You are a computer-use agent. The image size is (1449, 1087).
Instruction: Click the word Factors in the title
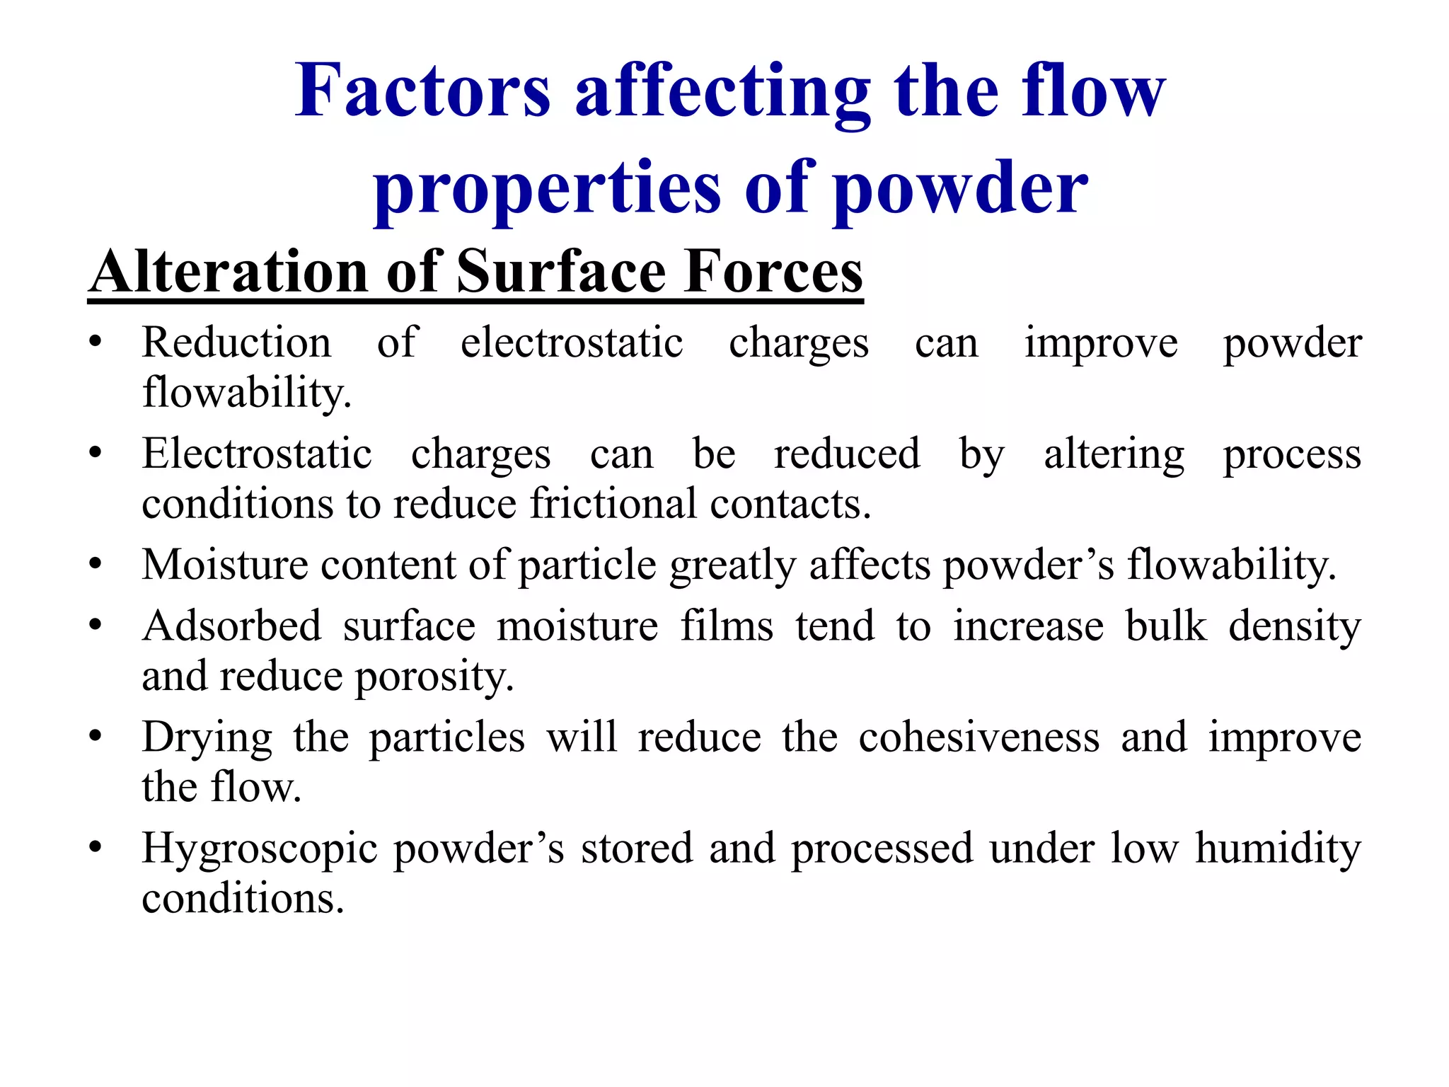click(x=422, y=91)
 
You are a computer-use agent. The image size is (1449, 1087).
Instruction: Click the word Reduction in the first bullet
click(x=236, y=343)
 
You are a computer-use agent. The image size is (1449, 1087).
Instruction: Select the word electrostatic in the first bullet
click(x=572, y=343)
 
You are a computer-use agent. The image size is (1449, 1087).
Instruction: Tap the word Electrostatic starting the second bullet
click(x=257, y=454)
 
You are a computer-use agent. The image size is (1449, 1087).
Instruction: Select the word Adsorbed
click(x=232, y=626)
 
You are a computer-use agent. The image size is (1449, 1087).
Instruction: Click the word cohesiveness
click(x=979, y=737)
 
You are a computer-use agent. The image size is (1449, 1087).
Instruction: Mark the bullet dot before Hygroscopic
click(x=96, y=846)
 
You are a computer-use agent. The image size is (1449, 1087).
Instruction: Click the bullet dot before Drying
click(x=96, y=735)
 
